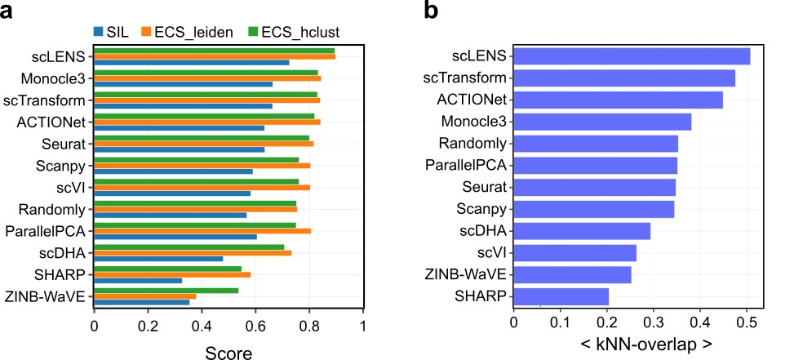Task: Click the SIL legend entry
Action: click(115, 33)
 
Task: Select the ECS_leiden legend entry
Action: click(187, 33)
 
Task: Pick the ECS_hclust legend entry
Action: click(298, 33)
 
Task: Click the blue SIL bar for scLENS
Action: click(192, 63)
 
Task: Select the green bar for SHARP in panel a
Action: click(168, 268)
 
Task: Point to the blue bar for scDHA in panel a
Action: click(159, 259)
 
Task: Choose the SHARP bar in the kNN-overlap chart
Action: click(561, 296)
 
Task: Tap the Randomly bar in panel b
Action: click(596, 144)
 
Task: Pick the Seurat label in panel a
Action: click(66, 144)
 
